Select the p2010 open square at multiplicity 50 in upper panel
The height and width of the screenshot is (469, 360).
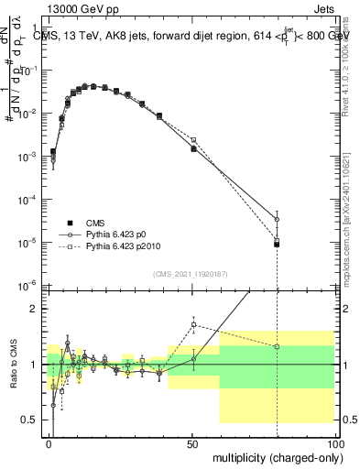(x=193, y=140)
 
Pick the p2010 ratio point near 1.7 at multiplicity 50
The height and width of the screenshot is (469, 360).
(x=193, y=324)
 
